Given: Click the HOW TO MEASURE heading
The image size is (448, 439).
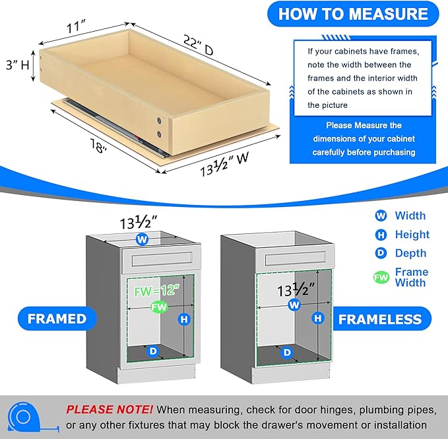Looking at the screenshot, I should point(353,14).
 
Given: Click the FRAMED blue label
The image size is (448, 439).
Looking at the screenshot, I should point(57,319).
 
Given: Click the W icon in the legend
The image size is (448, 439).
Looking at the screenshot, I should point(381,216).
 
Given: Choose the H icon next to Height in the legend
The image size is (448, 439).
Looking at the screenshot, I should point(381,234).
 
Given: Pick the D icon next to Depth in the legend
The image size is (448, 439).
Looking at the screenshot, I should point(381,253).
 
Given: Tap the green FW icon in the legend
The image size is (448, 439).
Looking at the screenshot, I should point(381,278).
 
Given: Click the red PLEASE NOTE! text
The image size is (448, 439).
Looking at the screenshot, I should point(110,410).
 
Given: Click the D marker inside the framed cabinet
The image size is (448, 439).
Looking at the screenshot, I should point(153,351).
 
